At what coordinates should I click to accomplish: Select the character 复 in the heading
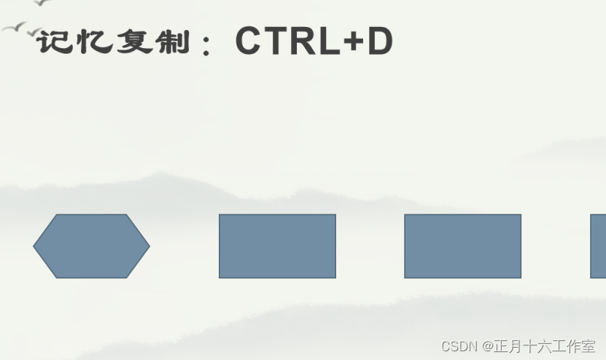tap(135, 42)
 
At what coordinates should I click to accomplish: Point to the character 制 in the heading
tap(174, 42)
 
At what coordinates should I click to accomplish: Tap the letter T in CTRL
tap(277, 42)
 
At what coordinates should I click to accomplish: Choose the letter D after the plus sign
tap(379, 42)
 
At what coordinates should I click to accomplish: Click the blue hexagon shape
tap(91, 246)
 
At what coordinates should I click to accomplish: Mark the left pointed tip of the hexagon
tap(35, 246)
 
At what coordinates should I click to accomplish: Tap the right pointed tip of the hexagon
tap(148, 246)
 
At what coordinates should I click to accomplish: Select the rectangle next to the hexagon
tap(277, 246)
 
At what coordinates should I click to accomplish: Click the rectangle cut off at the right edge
tap(598, 246)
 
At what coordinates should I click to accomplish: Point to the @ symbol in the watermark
tap(487, 346)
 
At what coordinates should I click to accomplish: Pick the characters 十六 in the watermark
tap(538, 346)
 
